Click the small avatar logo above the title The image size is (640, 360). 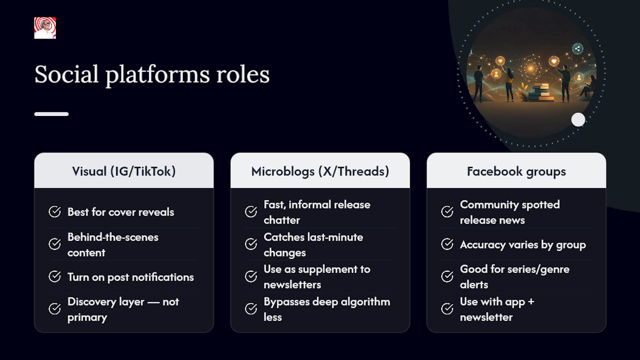(45, 27)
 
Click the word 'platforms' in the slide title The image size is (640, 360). (157, 75)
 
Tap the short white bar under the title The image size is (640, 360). (51, 114)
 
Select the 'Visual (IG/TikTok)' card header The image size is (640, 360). (123, 170)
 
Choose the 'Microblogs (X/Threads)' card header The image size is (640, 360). (320, 170)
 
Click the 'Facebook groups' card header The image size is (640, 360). (516, 170)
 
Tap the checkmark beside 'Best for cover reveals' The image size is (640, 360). (54, 211)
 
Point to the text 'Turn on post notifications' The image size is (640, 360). (130, 277)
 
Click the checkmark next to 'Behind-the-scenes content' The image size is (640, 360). (54, 244)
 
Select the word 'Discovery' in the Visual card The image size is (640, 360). (91, 302)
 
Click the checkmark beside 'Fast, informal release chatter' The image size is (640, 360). (251, 211)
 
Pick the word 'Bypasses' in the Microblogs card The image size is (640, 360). (286, 302)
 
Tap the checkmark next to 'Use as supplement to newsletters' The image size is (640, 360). (251, 276)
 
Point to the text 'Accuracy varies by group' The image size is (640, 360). (523, 245)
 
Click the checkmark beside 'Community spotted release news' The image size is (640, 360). (447, 211)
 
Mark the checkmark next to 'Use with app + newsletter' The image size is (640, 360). (447, 308)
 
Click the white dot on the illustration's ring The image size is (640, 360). (578, 119)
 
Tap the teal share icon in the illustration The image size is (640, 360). (577, 48)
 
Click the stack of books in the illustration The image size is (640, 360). (541, 92)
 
